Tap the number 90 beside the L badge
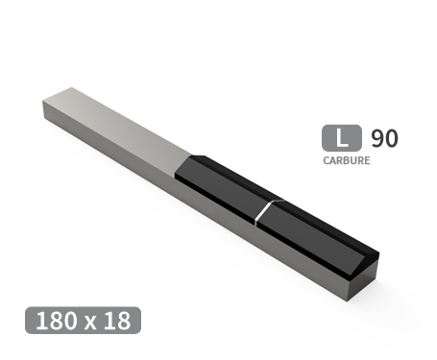(384, 137)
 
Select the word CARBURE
(347, 160)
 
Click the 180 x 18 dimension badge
(84, 321)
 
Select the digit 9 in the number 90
(377, 137)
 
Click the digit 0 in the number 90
(391, 137)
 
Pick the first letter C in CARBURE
(327, 160)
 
